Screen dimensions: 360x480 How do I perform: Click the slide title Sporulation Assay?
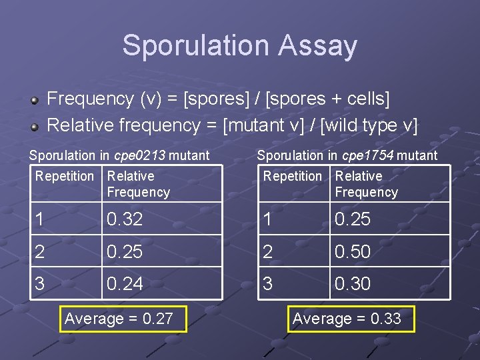[x=239, y=46]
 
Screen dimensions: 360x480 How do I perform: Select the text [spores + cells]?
[x=327, y=99]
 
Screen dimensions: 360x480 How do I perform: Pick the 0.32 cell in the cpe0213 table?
[x=125, y=219]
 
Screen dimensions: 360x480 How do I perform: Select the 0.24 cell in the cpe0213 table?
[x=125, y=284]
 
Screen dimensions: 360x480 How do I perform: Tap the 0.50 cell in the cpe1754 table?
[x=353, y=252]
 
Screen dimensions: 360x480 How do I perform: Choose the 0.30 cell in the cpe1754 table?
[x=353, y=284]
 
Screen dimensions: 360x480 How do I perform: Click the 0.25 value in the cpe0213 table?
[x=125, y=252]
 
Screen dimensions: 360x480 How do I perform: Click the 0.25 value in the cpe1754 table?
[x=353, y=219]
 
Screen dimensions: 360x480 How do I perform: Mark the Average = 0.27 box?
[x=119, y=319]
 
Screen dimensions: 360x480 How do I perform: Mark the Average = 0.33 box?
[x=347, y=319]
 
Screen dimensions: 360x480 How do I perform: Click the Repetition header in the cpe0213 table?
[x=65, y=177]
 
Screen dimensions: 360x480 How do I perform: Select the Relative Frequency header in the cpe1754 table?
[x=366, y=184]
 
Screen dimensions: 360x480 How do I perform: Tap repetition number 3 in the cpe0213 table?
[x=40, y=284]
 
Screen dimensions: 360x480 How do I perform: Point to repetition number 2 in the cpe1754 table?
[x=268, y=252]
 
